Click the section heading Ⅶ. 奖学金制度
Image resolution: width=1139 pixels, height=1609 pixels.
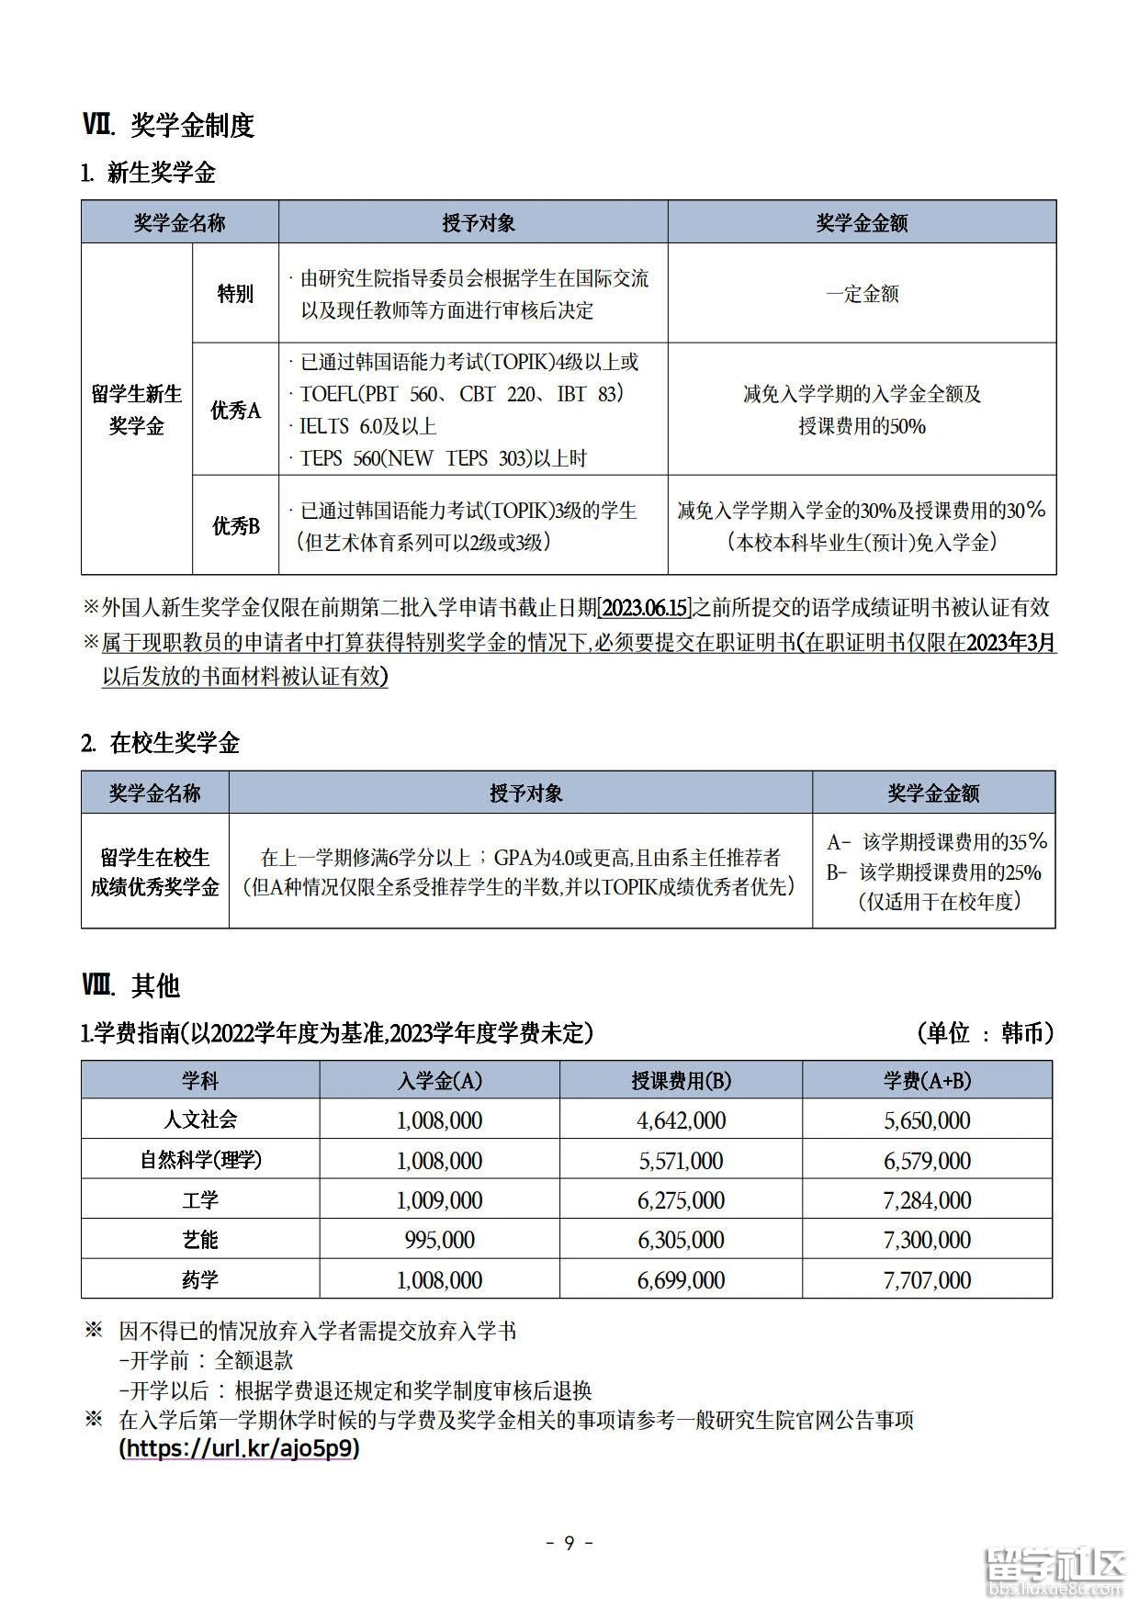point(168,125)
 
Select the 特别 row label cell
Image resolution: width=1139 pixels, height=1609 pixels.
point(235,294)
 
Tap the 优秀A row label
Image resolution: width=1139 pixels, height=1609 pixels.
point(235,411)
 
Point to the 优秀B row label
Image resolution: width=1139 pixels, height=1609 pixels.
point(235,526)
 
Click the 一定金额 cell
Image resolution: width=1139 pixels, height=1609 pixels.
point(862,294)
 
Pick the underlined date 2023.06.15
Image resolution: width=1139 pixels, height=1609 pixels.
point(645,608)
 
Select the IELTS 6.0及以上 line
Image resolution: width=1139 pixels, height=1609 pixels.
point(367,426)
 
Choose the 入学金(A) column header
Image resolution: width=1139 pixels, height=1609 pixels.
point(440,1081)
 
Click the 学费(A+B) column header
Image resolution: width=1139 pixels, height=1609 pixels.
point(927,1081)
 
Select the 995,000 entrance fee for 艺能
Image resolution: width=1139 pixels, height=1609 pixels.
point(440,1240)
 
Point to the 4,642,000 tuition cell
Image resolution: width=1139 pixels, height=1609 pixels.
point(682,1120)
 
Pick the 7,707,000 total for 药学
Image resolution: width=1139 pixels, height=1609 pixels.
point(927,1280)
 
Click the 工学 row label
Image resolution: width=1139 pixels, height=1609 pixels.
point(200,1200)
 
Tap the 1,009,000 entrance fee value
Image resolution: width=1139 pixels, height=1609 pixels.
point(440,1200)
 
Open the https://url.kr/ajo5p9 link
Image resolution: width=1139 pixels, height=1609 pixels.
point(240,1449)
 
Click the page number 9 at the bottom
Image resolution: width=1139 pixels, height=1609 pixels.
point(569,1543)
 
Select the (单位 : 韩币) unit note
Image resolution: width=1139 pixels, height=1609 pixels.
point(985,1033)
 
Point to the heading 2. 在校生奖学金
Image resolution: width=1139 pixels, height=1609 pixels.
point(161,743)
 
